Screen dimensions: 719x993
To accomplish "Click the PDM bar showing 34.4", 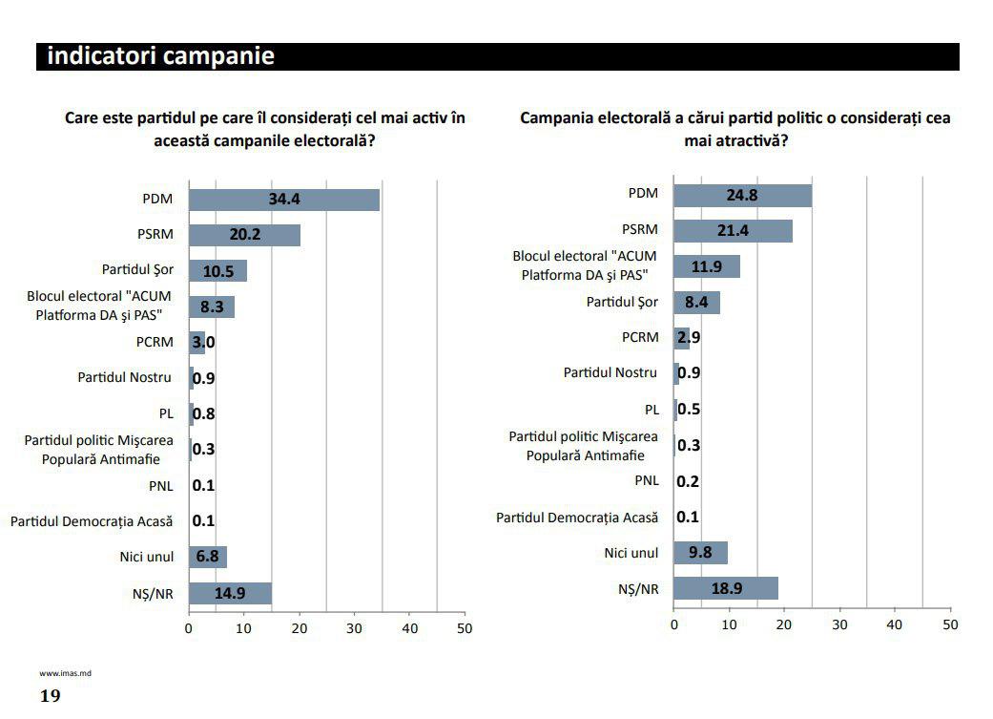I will tap(283, 200).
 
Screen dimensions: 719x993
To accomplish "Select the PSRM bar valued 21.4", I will tap(733, 231).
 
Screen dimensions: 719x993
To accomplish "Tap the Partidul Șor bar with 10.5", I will tap(217, 270).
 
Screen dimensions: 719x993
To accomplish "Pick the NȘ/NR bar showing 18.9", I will tap(726, 588).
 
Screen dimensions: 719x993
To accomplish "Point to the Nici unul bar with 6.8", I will tap(207, 557).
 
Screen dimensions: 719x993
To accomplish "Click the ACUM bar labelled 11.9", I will tap(707, 266).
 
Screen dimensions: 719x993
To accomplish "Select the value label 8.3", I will tap(212, 307).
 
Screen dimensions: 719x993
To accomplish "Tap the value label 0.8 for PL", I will tap(204, 414).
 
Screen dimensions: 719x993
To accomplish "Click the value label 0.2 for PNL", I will tap(688, 481).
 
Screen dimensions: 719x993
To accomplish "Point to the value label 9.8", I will tap(701, 553).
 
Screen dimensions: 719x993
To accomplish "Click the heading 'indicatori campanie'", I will tap(160, 56).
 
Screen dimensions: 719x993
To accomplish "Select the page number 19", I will tap(50, 695).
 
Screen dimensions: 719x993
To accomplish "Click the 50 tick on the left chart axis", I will tap(465, 628).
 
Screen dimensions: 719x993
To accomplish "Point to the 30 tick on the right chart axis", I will tap(839, 624).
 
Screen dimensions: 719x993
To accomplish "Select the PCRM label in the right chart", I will tap(640, 337).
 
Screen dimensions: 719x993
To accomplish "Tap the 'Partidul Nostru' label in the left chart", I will tap(125, 377).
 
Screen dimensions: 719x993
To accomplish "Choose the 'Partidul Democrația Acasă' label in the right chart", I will tap(577, 518).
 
